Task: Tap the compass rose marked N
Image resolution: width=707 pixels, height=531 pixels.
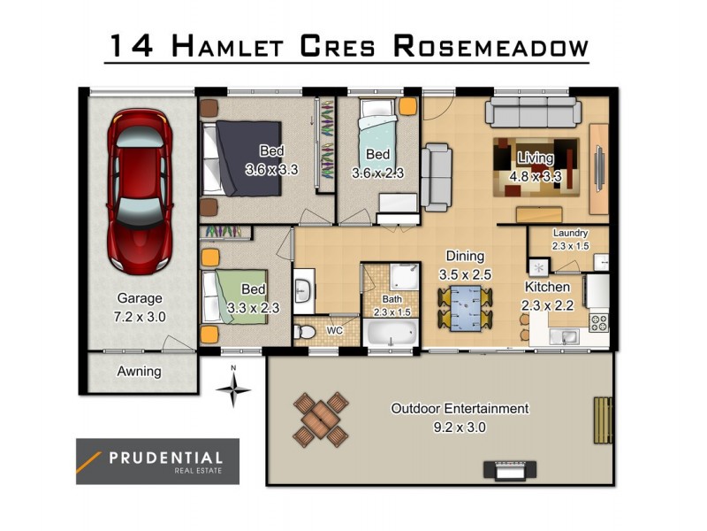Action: tap(233, 389)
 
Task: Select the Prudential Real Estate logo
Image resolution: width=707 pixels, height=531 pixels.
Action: tap(157, 461)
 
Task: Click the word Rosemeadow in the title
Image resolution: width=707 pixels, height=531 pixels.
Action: tap(490, 46)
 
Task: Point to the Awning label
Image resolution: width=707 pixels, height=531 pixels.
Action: tap(140, 371)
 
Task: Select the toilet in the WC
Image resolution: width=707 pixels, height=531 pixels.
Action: tap(305, 331)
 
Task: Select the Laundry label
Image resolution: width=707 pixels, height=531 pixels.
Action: tap(570, 234)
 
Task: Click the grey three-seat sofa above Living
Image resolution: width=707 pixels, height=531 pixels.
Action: tap(532, 113)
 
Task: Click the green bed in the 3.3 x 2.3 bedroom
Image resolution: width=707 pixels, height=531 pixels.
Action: tap(234, 296)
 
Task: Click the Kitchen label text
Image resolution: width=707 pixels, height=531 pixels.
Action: tap(547, 288)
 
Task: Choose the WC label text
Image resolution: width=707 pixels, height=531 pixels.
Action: tap(335, 330)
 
